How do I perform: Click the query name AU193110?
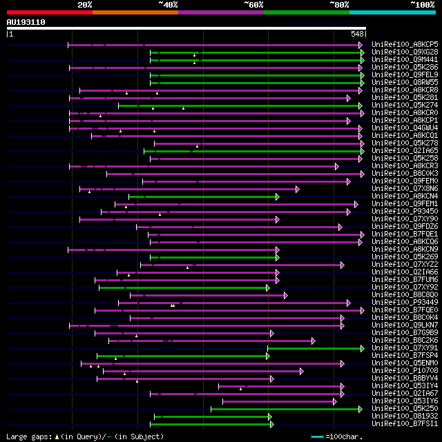click(26, 22)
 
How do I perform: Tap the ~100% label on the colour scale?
click(423, 4)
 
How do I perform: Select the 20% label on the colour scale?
click(85, 4)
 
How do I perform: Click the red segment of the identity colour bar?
click(49, 12)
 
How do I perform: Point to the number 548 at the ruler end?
click(357, 34)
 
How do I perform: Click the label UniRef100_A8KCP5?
click(405, 45)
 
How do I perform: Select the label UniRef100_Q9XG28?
click(405, 52)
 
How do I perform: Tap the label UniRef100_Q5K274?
click(405, 106)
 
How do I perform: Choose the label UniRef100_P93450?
click(405, 212)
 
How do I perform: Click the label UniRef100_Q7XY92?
click(405, 288)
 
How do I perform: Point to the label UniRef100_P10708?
click(405, 371)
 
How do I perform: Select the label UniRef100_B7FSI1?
click(405, 424)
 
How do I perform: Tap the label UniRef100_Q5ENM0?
click(405, 363)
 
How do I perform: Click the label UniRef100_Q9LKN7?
click(405, 325)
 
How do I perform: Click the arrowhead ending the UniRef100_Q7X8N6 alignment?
click(298, 189)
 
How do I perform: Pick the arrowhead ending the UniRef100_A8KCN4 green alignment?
click(278, 197)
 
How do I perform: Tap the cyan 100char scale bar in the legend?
click(317, 436)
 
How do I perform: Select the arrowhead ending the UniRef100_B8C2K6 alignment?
click(313, 341)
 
